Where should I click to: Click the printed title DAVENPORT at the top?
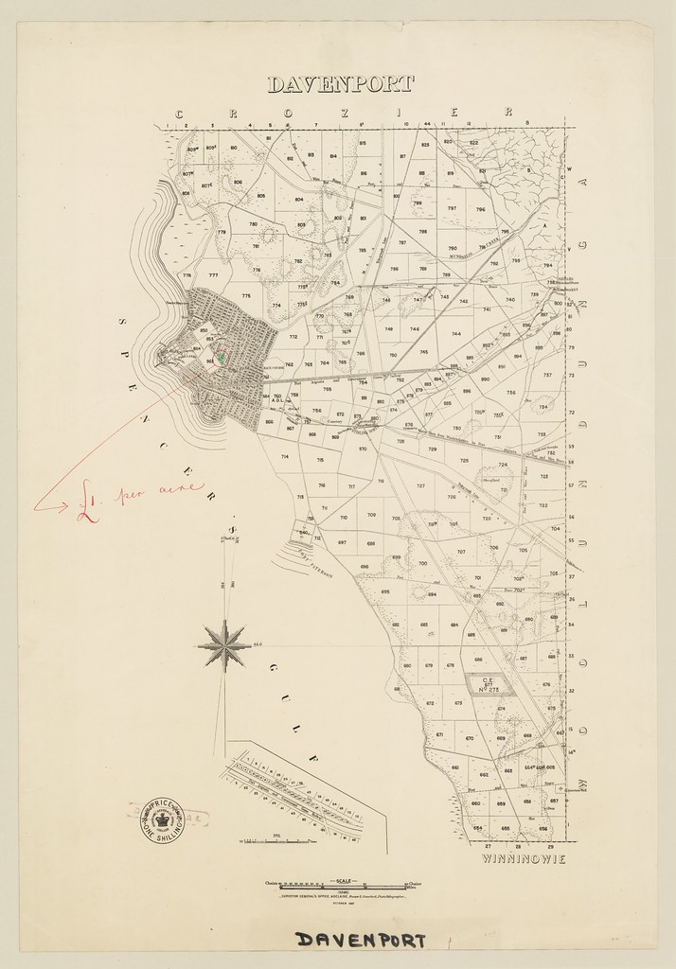pos(340,84)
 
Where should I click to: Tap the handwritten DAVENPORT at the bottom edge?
pos(360,940)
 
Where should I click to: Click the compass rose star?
pos(224,646)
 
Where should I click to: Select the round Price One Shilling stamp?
pos(162,819)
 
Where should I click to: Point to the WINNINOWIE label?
pos(524,859)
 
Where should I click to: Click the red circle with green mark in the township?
pos(221,358)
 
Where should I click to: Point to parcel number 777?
pos(213,275)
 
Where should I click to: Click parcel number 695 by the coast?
pos(385,592)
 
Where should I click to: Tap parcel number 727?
pos(420,485)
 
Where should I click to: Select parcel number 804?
pos(299,201)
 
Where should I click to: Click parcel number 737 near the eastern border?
pos(546,375)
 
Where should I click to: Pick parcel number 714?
pos(284,457)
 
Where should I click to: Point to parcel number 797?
pos(452,208)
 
